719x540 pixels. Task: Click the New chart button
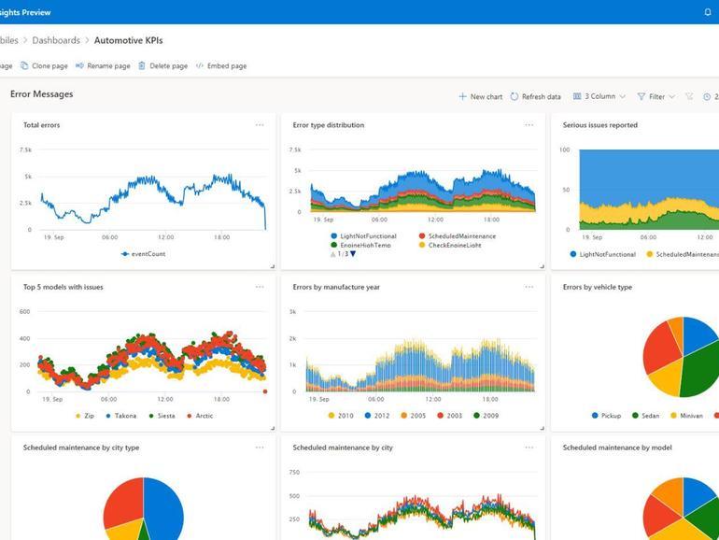(x=480, y=96)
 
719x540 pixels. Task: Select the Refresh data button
(x=535, y=96)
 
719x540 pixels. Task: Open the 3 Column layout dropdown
(x=599, y=96)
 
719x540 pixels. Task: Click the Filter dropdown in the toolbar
(x=656, y=96)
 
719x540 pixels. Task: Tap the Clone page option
(x=44, y=66)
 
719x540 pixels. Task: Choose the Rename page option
(x=103, y=66)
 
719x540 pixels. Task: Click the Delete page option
(x=162, y=66)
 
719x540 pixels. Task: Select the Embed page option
(x=221, y=66)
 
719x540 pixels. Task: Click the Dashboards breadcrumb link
(x=56, y=40)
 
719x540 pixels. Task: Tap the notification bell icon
(x=708, y=12)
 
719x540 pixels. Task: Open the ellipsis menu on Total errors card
(x=260, y=125)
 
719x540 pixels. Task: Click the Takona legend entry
(x=121, y=416)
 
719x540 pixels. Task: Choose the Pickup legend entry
(x=606, y=416)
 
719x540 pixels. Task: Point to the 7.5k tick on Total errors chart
(x=25, y=149)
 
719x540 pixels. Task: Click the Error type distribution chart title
(x=328, y=125)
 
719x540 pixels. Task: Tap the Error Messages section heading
(x=41, y=94)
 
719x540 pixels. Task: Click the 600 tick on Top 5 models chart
(x=24, y=312)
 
